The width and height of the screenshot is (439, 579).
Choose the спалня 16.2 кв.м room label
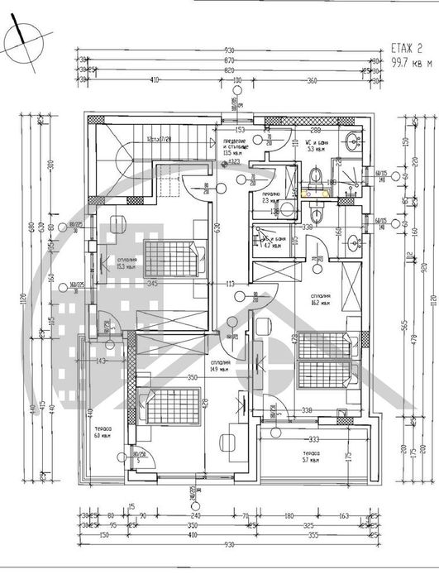(x=321, y=299)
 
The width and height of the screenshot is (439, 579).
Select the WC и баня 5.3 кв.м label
(x=319, y=146)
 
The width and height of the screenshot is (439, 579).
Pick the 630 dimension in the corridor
(x=217, y=227)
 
